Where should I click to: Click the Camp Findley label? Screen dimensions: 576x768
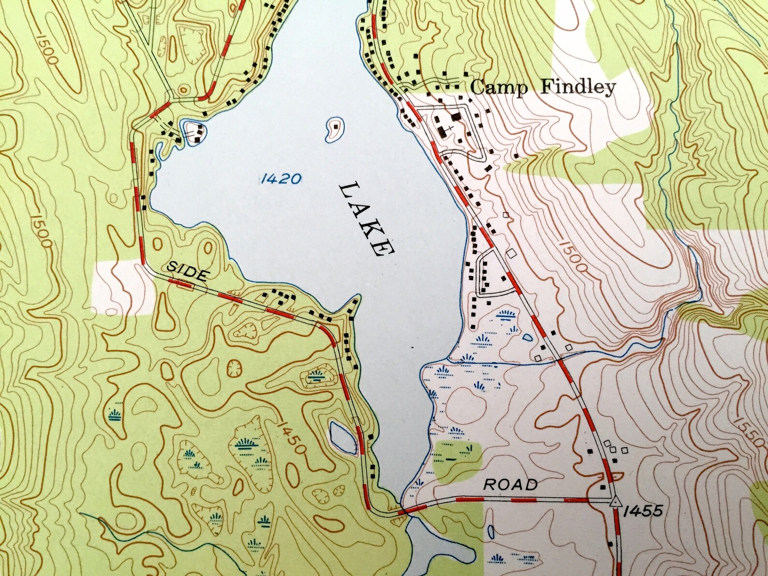tap(542, 87)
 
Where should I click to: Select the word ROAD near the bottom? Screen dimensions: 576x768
tap(511, 485)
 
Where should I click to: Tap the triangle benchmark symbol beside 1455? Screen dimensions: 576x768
tap(614, 502)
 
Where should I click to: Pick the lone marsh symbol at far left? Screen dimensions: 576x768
tap(115, 414)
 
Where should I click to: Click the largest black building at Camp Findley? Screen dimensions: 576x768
tap(456, 117)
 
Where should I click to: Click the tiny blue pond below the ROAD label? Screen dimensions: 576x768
tap(491, 533)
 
